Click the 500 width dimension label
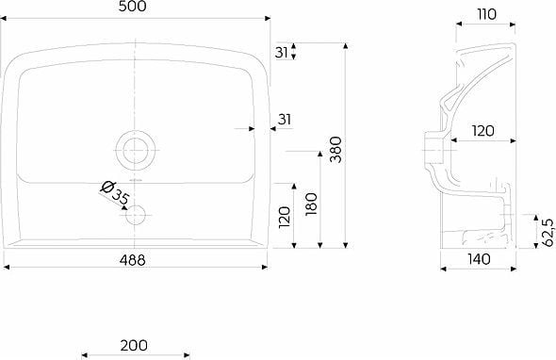tap(132, 7)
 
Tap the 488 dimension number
tap(132, 260)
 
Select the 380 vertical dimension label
tap(335, 150)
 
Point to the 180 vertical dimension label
tap(311, 205)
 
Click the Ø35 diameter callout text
tap(115, 193)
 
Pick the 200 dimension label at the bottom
tap(134, 345)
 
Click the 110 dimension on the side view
tap(486, 14)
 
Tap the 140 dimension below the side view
tap(479, 259)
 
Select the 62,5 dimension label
tap(548, 233)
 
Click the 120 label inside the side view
tap(482, 131)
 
